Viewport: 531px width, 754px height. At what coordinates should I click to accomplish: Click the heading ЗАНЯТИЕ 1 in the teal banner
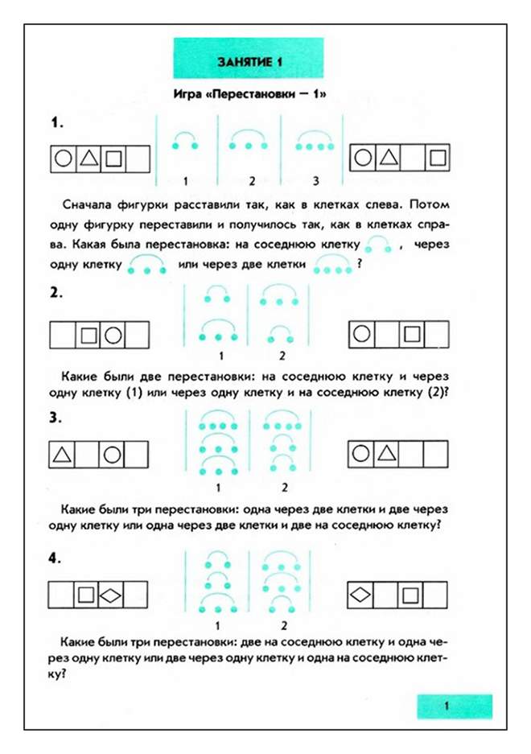coord(248,62)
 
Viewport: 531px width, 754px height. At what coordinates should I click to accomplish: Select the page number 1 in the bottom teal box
coord(445,706)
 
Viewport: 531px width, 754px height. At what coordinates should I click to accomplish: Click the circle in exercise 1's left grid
coord(63,159)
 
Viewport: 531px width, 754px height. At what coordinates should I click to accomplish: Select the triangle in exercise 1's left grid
coord(88,159)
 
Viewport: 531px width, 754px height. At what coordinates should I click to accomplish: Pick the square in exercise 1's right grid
coord(437,159)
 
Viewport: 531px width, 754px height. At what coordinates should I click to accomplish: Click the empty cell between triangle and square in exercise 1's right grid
coord(412,159)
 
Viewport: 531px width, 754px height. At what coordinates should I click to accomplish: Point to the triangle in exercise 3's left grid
coord(62,455)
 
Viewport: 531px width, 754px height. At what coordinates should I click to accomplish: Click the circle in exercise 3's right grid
coord(361,455)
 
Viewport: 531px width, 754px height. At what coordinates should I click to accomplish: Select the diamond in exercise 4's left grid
coord(113,595)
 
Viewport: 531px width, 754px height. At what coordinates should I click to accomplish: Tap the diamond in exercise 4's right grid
coord(361,595)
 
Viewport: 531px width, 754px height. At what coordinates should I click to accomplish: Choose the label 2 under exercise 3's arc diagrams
coord(282,487)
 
